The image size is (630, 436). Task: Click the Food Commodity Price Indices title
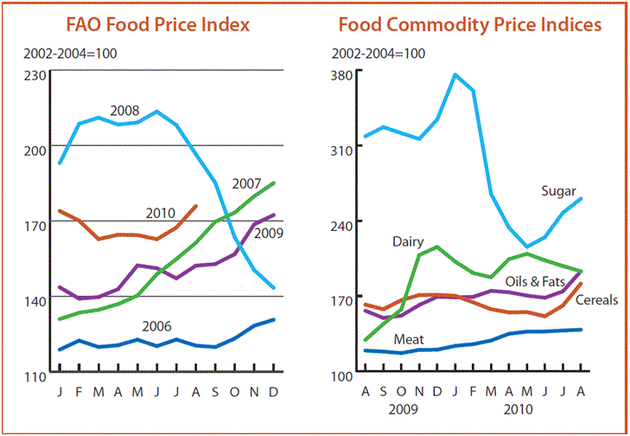pos(469,25)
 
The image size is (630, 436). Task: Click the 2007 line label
pos(247,184)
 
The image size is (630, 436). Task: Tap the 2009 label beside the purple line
pos(271,233)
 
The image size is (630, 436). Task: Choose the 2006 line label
pos(156,326)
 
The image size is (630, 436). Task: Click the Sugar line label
pos(558,191)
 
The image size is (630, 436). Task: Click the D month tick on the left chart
pos(273,389)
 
